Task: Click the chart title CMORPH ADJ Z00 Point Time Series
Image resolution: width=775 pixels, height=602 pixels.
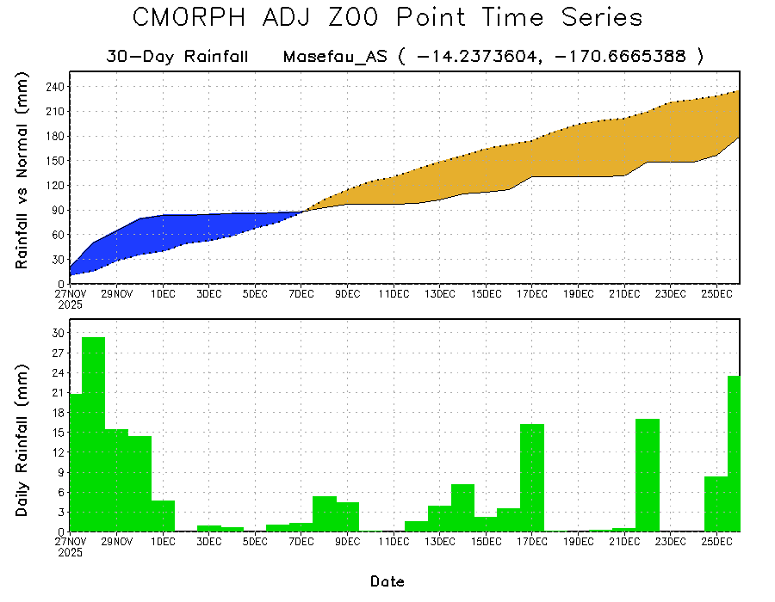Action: point(387,18)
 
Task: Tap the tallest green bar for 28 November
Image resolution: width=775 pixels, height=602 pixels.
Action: point(93,434)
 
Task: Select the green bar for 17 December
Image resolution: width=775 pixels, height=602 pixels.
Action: point(532,477)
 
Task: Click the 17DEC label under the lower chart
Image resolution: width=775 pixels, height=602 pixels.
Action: point(532,541)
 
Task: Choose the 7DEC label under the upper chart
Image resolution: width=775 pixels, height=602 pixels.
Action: point(301,293)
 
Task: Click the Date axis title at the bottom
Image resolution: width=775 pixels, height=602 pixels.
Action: point(387,581)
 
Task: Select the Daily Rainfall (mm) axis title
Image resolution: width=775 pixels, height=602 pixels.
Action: point(23,439)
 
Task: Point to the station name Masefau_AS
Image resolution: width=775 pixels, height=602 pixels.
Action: point(336,57)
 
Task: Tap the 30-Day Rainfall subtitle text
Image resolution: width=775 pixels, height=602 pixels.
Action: point(177,57)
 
